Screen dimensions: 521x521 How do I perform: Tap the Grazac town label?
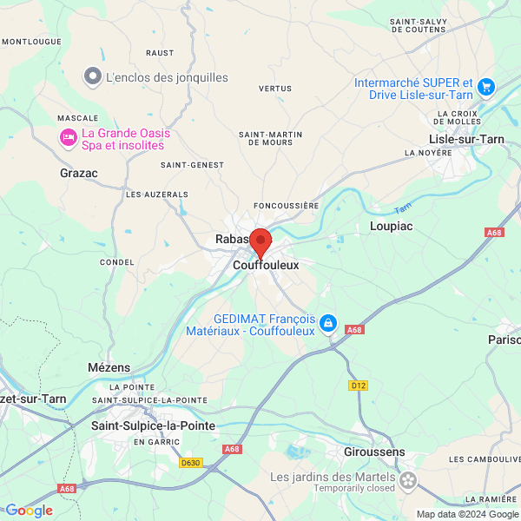click(79, 173)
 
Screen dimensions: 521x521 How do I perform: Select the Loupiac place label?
click(392, 226)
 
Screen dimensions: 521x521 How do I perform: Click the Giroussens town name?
click(373, 452)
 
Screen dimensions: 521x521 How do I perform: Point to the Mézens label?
click(109, 367)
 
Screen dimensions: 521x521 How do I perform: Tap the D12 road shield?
click(359, 385)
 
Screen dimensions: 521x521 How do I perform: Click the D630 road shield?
click(191, 463)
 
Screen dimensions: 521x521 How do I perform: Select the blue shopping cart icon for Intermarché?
click(485, 86)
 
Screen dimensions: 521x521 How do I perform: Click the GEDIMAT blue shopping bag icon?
click(327, 324)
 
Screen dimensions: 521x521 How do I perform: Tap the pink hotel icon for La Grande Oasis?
click(67, 137)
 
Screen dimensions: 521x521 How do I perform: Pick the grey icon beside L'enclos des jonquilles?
click(92, 77)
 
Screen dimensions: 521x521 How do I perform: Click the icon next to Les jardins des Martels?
click(408, 478)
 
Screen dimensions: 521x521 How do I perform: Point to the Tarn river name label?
click(401, 209)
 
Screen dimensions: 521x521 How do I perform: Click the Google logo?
click(29, 511)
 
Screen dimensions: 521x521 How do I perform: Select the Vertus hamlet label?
click(274, 89)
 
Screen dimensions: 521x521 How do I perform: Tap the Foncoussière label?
click(287, 206)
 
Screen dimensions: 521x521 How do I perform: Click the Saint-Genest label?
click(192, 165)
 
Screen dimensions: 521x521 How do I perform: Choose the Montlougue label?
click(31, 41)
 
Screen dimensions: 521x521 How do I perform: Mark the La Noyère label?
click(428, 153)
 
